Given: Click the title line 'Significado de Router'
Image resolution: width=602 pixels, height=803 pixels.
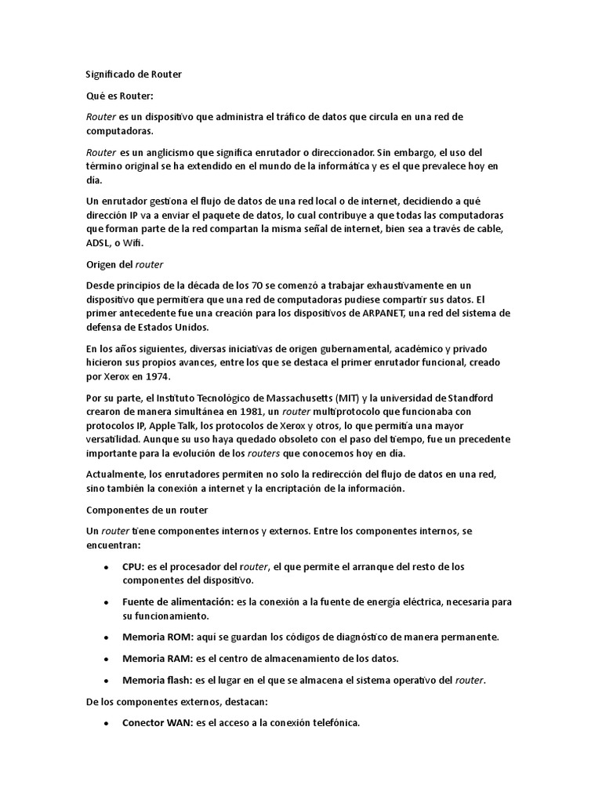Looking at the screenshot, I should (133, 74).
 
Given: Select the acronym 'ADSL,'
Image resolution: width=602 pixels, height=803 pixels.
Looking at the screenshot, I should (100, 244).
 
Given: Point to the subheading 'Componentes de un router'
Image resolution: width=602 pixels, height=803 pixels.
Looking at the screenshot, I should (147, 510).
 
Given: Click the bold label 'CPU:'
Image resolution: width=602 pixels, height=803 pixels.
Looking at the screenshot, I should (133, 567).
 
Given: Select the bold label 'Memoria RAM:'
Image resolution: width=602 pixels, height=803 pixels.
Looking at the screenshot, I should (154, 658).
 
